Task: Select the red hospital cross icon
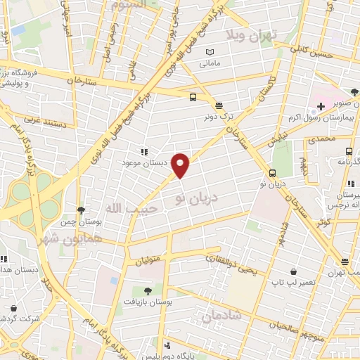321,106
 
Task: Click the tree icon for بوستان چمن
82,210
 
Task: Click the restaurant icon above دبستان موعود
144,151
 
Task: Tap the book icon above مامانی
209,52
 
